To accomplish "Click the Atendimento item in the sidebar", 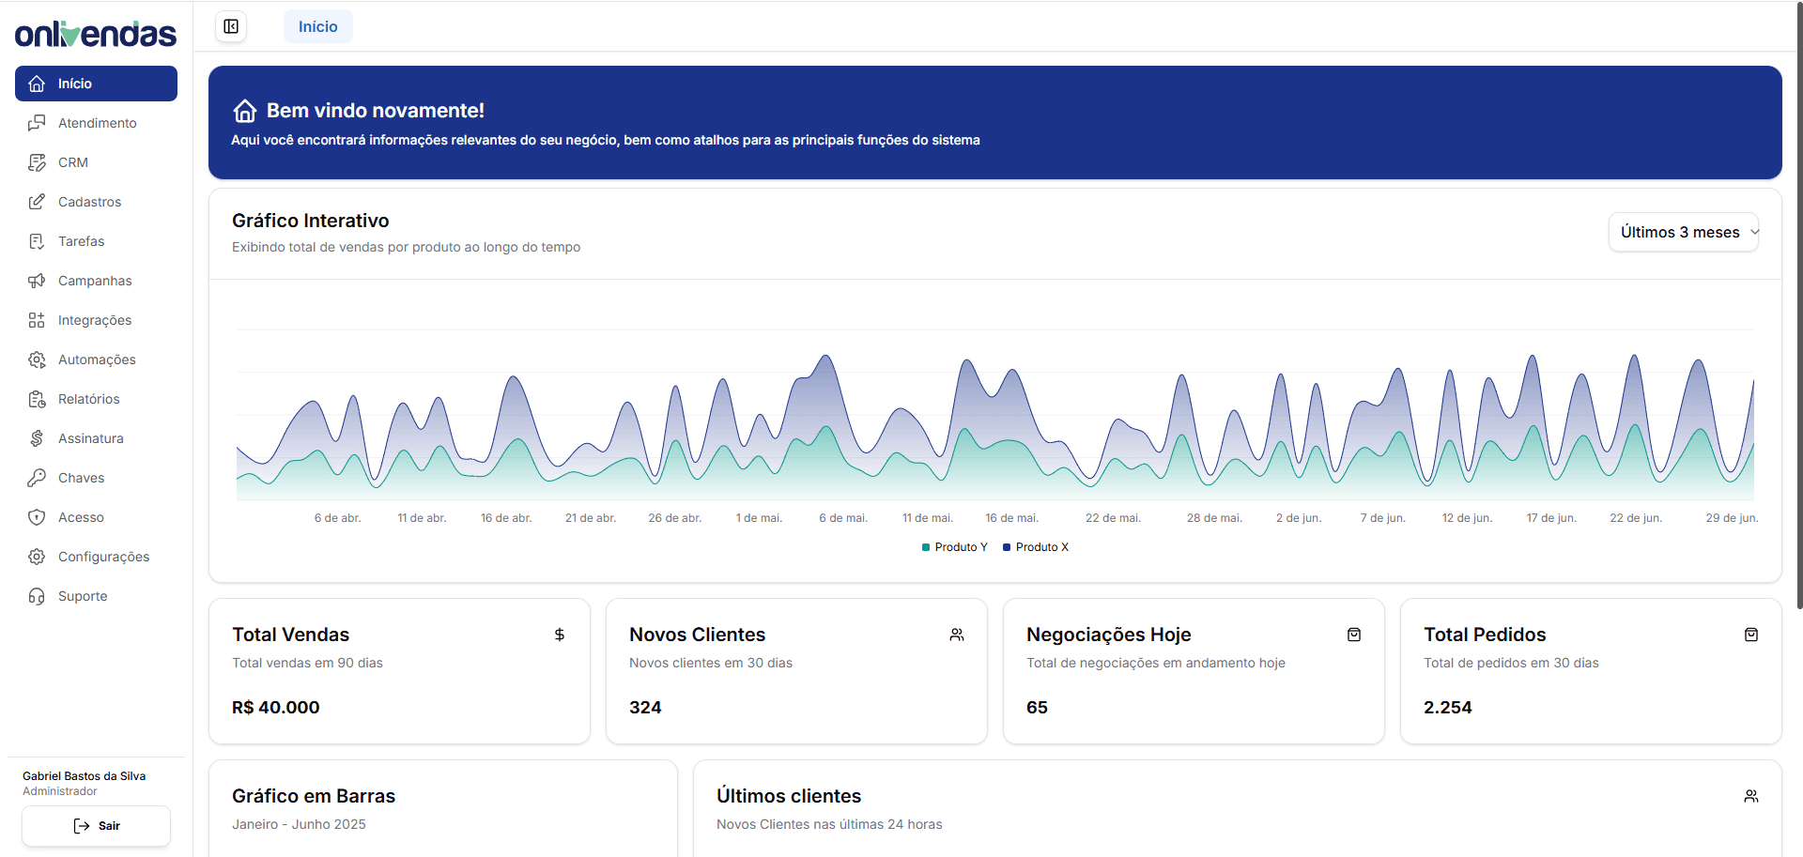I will coord(96,123).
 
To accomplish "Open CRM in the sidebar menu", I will coord(72,162).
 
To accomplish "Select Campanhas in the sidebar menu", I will coord(94,281).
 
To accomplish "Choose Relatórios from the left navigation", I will coord(88,399).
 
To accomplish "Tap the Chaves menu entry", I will coord(81,478).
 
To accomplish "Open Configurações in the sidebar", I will coord(103,557).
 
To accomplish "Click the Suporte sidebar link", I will coord(83,596).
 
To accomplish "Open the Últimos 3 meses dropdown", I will coord(1684,232).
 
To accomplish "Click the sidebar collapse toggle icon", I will coord(231,26).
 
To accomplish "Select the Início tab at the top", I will coord(317,26).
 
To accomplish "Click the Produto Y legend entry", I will coord(955,547).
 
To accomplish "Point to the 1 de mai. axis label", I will coord(759,518).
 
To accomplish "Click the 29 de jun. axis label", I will coord(1732,518).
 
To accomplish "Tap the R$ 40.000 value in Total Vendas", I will coord(276,708).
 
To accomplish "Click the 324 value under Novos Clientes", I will coord(645,708).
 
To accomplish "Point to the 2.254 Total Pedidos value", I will coord(1447,708).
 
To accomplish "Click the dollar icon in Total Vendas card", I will coord(560,635).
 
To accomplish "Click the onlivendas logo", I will coord(96,35).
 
